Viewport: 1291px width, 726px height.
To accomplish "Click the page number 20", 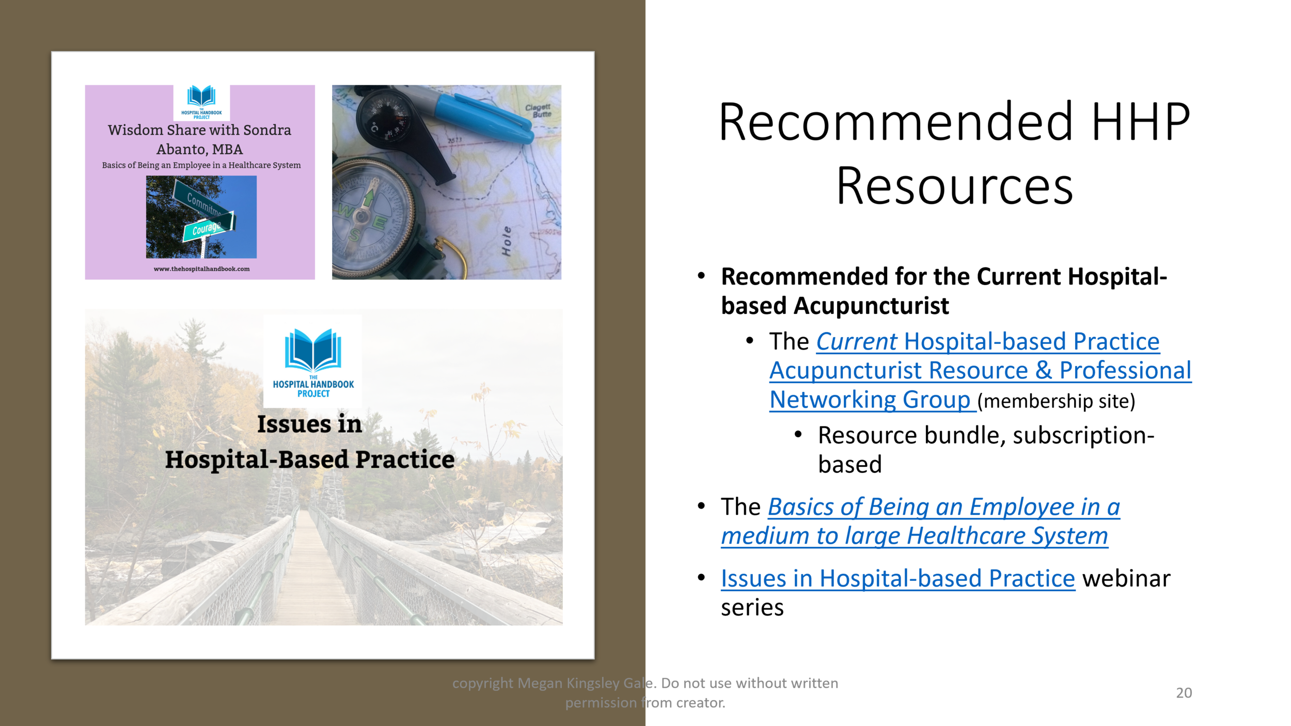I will [1184, 693].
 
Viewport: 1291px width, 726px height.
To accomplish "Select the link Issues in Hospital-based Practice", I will [898, 578].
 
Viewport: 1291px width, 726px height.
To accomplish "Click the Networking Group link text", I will [870, 400].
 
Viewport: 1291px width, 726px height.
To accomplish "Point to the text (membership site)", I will [1056, 401].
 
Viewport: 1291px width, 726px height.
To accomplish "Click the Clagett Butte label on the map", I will [538, 111].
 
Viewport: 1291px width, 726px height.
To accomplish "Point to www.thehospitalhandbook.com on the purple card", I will [201, 269].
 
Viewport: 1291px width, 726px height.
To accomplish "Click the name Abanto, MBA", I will [199, 149].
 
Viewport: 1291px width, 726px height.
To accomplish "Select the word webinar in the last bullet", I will [1126, 578].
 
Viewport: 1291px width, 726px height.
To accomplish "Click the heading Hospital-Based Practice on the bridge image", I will [310, 460].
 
